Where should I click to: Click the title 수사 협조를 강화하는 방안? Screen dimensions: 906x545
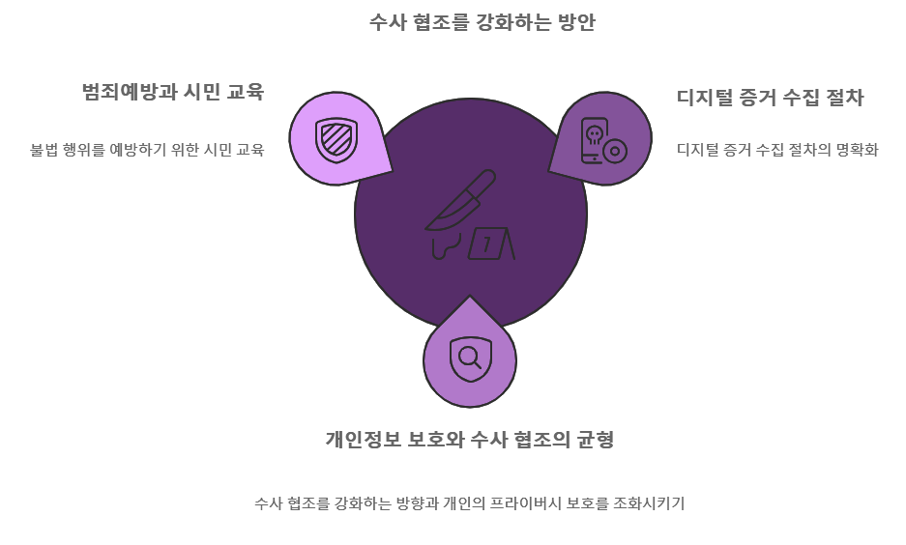click(482, 22)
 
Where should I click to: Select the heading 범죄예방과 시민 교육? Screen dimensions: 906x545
click(172, 92)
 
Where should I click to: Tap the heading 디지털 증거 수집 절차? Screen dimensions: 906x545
click(770, 98)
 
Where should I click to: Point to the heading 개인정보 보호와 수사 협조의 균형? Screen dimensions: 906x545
click(469, 440)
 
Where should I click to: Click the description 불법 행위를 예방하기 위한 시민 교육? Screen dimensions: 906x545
click(147, 150)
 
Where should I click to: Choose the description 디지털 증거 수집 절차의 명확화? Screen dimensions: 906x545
click(776, 150)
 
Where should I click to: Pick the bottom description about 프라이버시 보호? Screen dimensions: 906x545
click(469, 503)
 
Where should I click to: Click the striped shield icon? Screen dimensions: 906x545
click(336, 139)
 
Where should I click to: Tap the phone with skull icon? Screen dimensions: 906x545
click(595, 140)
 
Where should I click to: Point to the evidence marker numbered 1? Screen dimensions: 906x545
click(489, 244)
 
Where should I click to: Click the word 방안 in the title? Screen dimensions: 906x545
click(576, 22)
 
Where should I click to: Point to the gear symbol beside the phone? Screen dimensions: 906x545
click(615, 152)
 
